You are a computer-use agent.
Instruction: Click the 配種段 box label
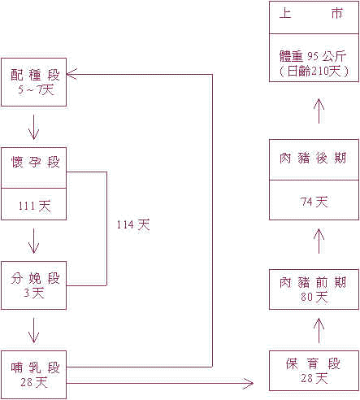click(x=33, y=75)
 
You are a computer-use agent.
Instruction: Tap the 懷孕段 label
click(x=33, y=162)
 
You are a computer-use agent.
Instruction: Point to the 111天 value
click(x=33, y=207)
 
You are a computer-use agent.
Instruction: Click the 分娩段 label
click(x=33, y=280)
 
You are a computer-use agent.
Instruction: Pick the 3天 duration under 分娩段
click(x=33, y=293)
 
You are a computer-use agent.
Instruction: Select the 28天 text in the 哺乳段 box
click(x=33, y=383)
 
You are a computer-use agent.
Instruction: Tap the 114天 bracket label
click(x=133, y=224)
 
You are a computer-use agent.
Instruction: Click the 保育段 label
click(x=313, y=364)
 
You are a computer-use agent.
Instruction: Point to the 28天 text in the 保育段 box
click(x=313, y=378)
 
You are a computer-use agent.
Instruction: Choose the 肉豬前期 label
click(x=313, y=283)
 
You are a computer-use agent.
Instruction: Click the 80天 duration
click(x=313, y=297)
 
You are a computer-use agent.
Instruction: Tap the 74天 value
click(x=313, y=202)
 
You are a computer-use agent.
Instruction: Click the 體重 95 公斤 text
click(x=313, y=57)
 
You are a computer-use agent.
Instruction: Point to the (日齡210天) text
click(x=313, y=72)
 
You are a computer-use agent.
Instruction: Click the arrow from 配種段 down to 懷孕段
click(x=33, y=126)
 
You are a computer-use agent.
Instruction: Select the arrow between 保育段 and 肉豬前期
click(x=319, y=328)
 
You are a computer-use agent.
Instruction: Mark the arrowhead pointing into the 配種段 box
click(x=72, y=74)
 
